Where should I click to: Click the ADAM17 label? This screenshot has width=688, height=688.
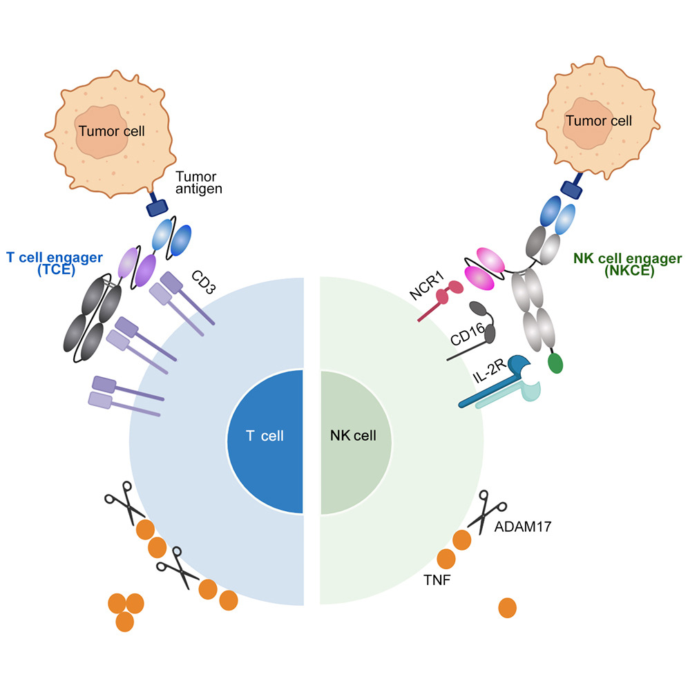[523, 526]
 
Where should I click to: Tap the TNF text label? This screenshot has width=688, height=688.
[437, 580]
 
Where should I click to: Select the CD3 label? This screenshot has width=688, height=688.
[204, 282]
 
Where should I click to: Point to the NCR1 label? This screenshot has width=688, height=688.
[427, 286]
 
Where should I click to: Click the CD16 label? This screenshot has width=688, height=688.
[468, 334]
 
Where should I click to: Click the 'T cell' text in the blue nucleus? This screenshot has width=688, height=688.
[265, 436]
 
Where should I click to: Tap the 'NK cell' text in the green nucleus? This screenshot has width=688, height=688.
[353, 435]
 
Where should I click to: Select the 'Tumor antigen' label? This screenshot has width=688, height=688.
[199, 182]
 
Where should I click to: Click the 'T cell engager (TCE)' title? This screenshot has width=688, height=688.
[55, 263]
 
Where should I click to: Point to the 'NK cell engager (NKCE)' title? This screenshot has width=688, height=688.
[628, 264]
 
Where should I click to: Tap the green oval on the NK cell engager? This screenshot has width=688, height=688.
[555, 363]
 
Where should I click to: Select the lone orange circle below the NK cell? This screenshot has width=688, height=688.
[507, 608]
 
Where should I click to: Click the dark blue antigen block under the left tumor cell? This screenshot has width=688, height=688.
[157, 207]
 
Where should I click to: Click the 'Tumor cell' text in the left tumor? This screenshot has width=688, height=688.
[111, 131]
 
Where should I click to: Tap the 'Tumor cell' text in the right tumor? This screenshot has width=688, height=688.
[598, 121]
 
